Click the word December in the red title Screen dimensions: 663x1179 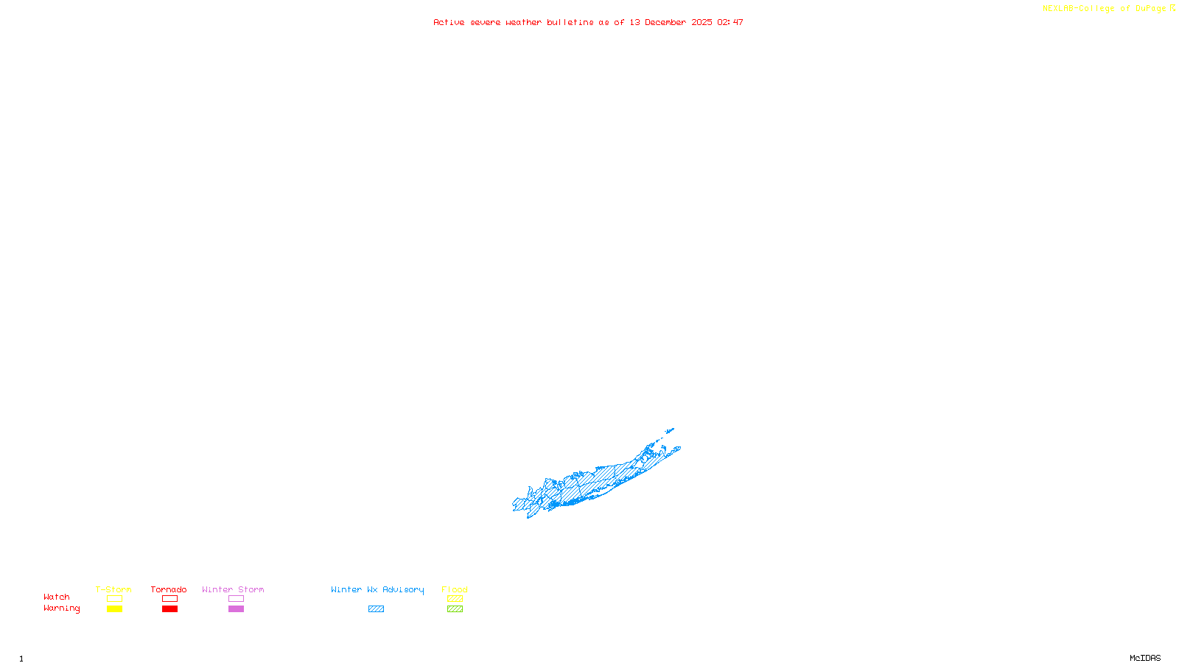665,22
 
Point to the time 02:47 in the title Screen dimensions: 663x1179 730,22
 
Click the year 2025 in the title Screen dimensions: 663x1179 702,22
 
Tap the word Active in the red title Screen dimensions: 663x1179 449,22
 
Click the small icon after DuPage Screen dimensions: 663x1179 1172,8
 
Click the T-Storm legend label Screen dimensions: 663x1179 113,589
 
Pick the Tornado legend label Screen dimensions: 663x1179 169,589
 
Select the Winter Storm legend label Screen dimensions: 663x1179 233,589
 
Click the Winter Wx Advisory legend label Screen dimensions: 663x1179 377,589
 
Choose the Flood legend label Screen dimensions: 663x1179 455,589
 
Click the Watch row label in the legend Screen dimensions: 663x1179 57,597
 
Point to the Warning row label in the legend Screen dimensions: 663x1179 61,608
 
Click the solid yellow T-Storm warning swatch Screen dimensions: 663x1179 114,609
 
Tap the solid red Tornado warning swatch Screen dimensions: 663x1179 169,609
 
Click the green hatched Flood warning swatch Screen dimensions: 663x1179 455,609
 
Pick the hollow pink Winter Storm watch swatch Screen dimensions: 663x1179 236,599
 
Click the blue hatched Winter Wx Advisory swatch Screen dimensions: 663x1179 376,609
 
